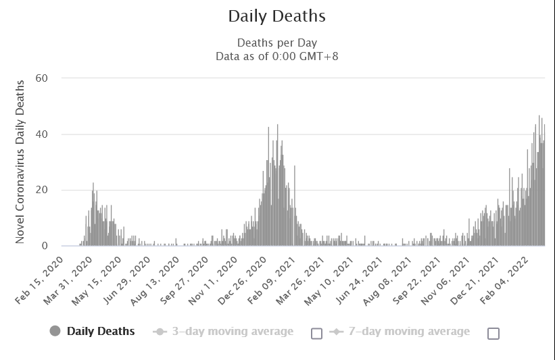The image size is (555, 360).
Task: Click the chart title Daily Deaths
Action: [276, 16]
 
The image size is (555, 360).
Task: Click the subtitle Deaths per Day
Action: [276, 43]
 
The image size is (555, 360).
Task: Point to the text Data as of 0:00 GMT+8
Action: [276, 56]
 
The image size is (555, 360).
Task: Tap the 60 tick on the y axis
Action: [42, 78]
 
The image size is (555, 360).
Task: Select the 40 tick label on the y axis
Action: [42, 134]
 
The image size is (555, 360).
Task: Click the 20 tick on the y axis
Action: [42, 190]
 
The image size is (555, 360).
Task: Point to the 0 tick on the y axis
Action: [45, 246]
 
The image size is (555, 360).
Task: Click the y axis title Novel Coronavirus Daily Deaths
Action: [20, 162]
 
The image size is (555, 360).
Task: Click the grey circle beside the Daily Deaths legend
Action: [55, 331]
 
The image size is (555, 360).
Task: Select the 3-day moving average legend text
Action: [232, 331]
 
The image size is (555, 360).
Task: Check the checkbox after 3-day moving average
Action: [316, 333]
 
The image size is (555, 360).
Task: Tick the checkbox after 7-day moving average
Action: [493, 333]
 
